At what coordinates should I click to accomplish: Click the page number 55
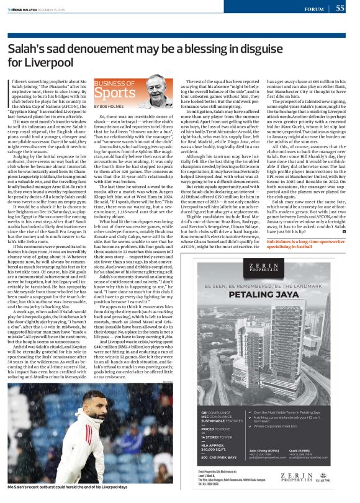340,9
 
